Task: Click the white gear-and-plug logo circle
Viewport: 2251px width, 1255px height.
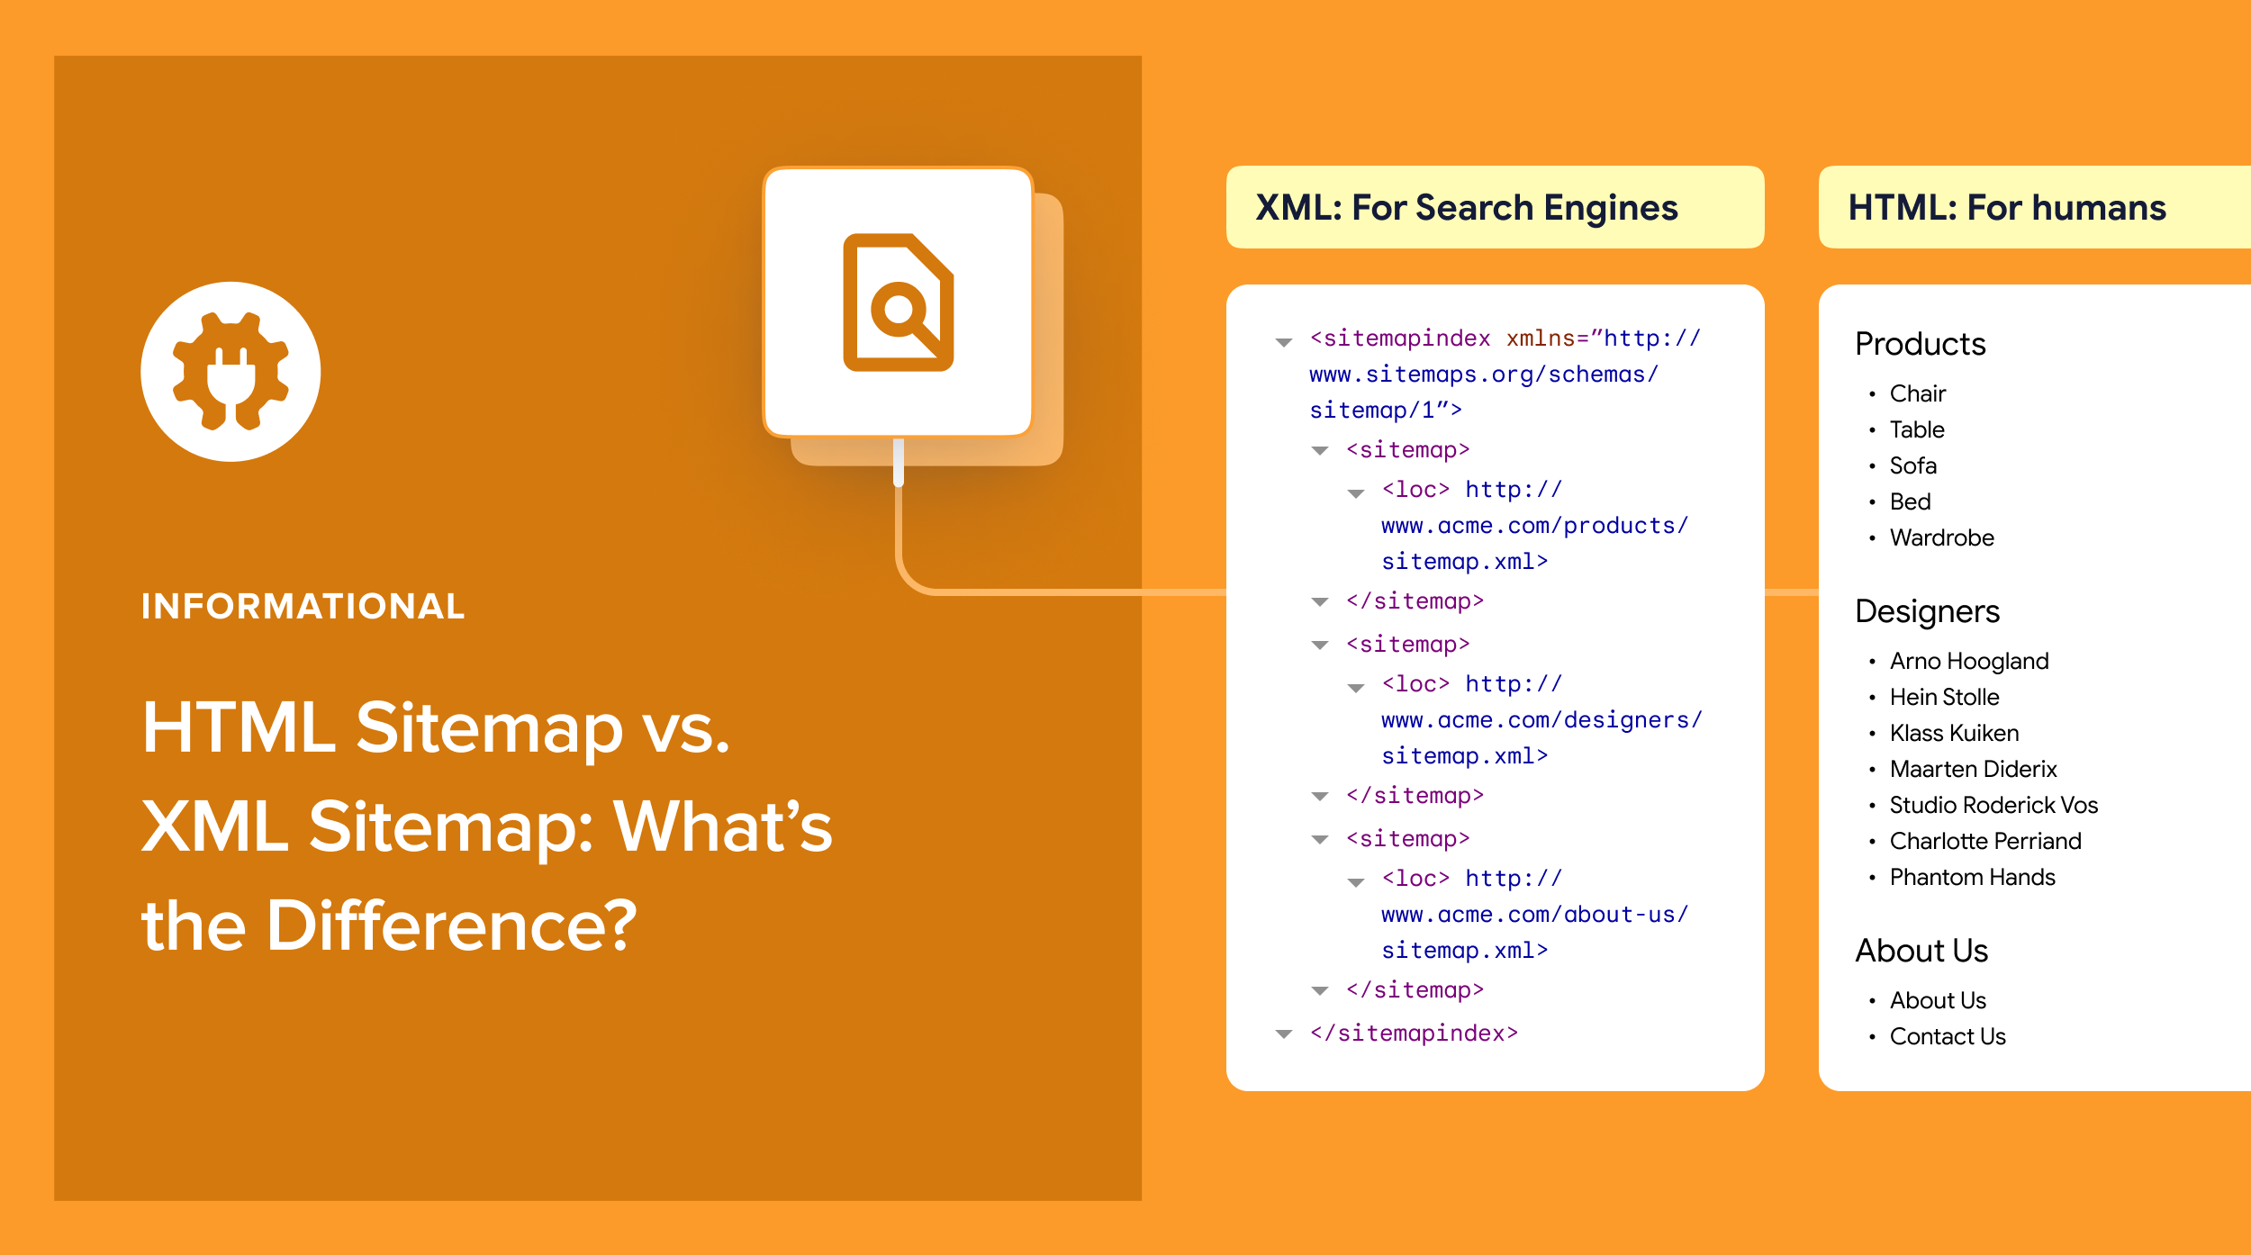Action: click(231, 371)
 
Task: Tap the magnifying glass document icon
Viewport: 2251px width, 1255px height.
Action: click(898, 302)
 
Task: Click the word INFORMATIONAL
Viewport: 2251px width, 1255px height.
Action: click(303, 606)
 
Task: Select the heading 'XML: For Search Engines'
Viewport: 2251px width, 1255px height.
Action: click(1466, 208)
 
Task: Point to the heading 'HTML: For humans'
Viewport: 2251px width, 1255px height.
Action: click(2006, 208)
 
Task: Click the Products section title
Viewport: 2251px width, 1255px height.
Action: click(1920, 344)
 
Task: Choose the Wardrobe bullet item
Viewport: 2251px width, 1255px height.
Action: click(1941, 537)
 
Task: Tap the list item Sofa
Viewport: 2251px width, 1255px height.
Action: click(1912, 465)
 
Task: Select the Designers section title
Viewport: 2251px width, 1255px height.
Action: click(1927, 611)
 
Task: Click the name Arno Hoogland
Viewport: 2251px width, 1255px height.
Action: click(1968, 661)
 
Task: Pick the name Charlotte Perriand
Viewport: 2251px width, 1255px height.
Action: click(1984, 841)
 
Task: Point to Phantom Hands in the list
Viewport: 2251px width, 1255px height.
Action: click(1972, 877)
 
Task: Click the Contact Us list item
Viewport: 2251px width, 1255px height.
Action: click(1947, 1036)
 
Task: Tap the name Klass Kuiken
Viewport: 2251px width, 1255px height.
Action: click(1954, 733)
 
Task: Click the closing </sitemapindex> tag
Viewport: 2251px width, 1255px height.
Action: click(1414, 1033)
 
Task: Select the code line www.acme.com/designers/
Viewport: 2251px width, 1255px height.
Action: click(1541, 720)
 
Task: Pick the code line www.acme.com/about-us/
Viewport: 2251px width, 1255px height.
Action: click(1534, 915)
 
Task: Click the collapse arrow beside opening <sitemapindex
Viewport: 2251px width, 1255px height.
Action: click(1284, 342)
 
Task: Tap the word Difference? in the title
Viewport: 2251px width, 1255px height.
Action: click(451, 925)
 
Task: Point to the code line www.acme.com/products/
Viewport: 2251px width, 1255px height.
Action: click(1534, 526)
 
